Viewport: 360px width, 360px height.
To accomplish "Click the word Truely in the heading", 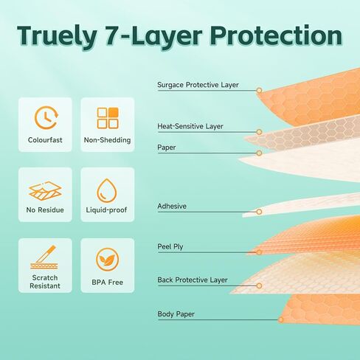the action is pyautogui.click(x=57, y=36).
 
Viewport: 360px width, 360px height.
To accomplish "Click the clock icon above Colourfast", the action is pyautogui.click(x=46, y=117).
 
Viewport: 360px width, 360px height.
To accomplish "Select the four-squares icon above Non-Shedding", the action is pyautogui.click(x=108, y=118).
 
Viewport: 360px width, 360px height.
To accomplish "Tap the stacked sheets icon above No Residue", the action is pyautogui.click(x=45, y=191).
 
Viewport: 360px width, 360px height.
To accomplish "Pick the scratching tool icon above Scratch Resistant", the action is pyautogui.click(x=44, y=257).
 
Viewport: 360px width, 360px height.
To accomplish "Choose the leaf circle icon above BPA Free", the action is pyautogui.click(x=108, y=260).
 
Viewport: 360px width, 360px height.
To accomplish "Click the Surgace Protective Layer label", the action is pyautogui.click(x=198, y=85).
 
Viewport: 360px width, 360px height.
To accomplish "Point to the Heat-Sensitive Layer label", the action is pyautogui.click(x=190, y=126).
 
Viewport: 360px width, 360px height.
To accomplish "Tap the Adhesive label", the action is pyautogui.click(x=172, y=206).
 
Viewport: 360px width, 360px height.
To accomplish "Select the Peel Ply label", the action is pyautogui.click(x=170, y=246).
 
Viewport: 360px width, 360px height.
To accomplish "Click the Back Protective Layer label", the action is pyautogui.click(x=193, y=280).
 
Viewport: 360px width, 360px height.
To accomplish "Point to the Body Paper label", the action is pyautogui.click(x=176, y=314).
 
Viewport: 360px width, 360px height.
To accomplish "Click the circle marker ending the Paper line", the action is pyautogui.click(x=259, y=153).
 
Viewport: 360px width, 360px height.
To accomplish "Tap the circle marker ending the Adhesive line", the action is pyautogui.click(x=259, y=212).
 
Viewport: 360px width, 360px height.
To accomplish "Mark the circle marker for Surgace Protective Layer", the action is pyautogui.click(x=259, y=91).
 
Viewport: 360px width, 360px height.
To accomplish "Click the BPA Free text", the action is pyautogui.click(x=108, y=283).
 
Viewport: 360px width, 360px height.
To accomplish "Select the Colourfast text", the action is pyautogui.click(x=45, y=140).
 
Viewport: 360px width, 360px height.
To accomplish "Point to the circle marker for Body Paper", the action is pyautogui.click(x=281, y=319).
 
